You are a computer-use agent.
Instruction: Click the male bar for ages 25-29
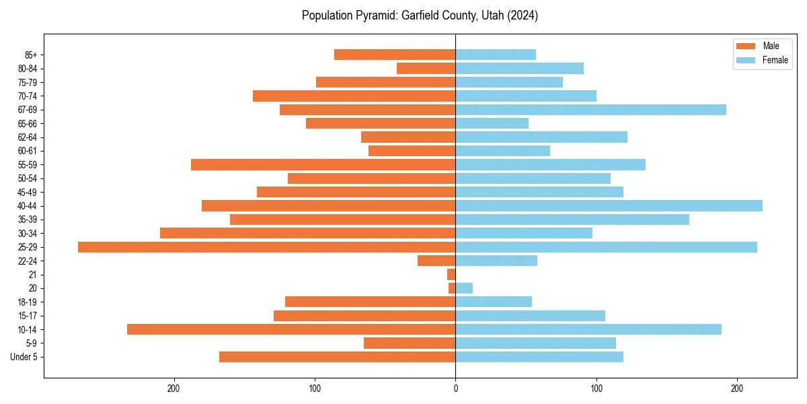(266, 247)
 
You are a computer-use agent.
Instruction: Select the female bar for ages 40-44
(609, 206)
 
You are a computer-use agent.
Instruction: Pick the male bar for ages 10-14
(291, 329)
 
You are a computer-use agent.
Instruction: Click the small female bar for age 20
(464, 288)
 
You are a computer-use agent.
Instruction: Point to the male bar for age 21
(451, 275)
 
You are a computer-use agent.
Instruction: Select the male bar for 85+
(395, 55)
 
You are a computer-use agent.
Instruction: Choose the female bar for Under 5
(539, 357)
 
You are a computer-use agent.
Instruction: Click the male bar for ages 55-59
(323, 165)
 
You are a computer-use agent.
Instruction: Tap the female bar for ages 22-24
(496, 261)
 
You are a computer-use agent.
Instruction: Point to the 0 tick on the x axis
(455, 389)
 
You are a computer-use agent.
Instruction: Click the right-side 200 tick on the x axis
(737, 389)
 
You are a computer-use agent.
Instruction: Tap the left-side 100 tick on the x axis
(315, 389)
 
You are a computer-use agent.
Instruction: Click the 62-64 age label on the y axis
(28, 137)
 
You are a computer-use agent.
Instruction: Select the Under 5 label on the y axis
(24, 357)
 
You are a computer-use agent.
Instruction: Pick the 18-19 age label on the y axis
(28, 302)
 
